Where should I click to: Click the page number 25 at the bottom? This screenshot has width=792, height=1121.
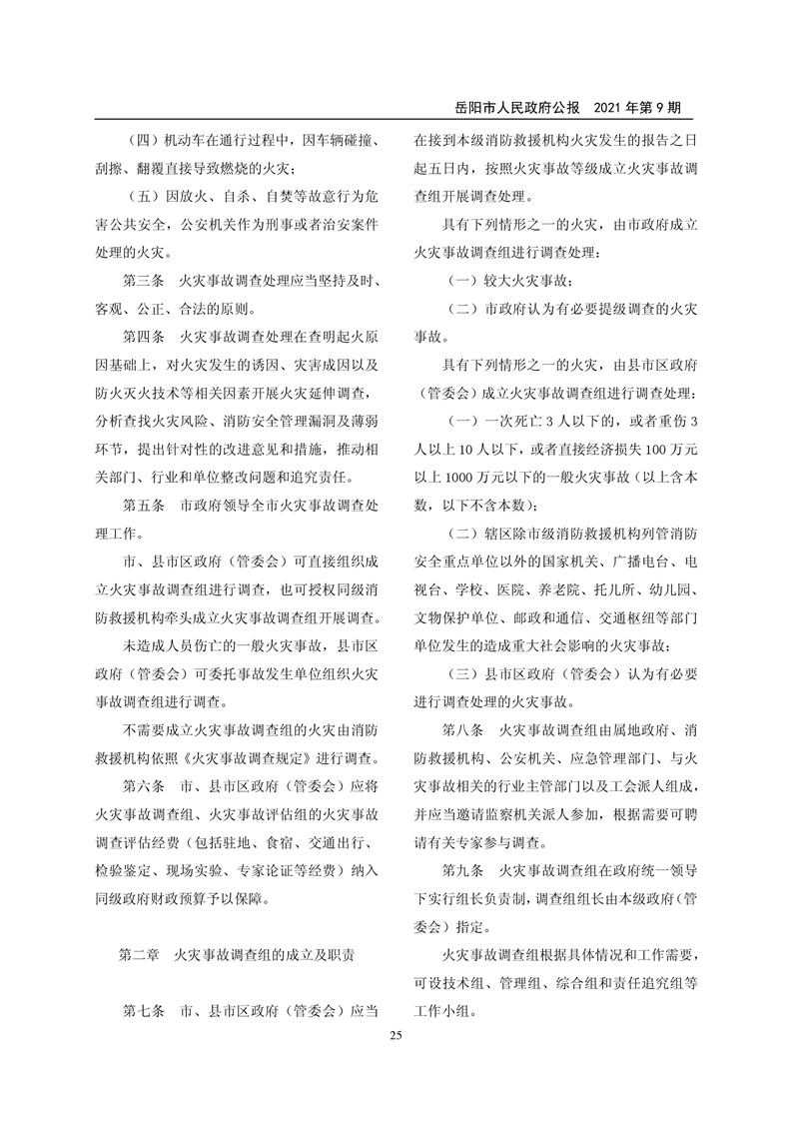pos(396,1036)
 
